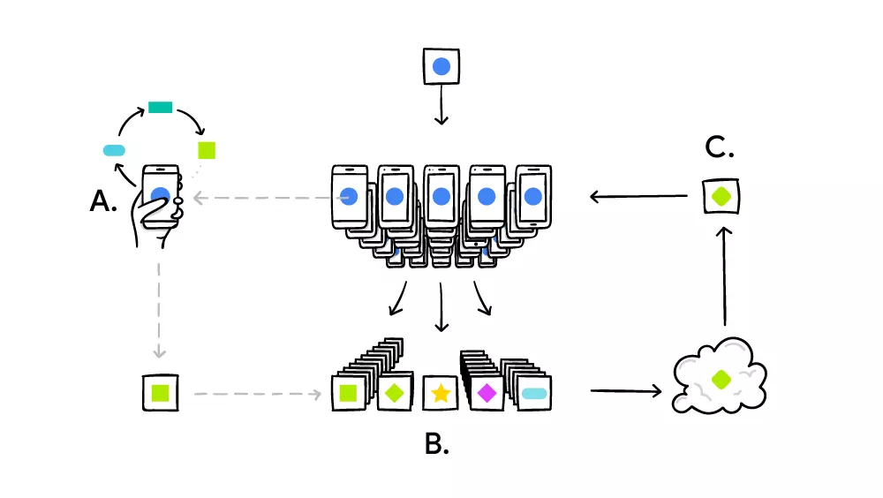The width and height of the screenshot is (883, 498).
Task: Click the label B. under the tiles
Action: [436, 444]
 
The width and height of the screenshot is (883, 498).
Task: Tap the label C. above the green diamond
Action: [720, 148]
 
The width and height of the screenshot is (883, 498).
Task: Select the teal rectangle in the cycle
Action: [160, 108]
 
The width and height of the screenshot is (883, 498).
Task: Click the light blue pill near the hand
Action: [115, 150]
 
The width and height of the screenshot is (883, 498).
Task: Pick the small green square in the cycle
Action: [207, 149]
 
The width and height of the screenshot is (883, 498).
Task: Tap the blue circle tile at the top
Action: [441, 66]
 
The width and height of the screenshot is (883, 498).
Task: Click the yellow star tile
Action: [441, 394]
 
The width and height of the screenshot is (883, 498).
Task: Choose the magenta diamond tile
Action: [487, 394]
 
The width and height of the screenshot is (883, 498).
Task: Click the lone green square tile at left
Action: [161, 391]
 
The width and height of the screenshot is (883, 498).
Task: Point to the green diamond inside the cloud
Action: [721, 379]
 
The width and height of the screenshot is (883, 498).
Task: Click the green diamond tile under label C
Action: [721, 195]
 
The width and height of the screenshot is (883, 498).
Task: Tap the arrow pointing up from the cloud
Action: [724, 274]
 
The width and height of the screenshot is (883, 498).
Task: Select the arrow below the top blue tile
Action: [441, 110]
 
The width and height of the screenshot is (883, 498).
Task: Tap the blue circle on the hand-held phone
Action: [160, 195]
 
